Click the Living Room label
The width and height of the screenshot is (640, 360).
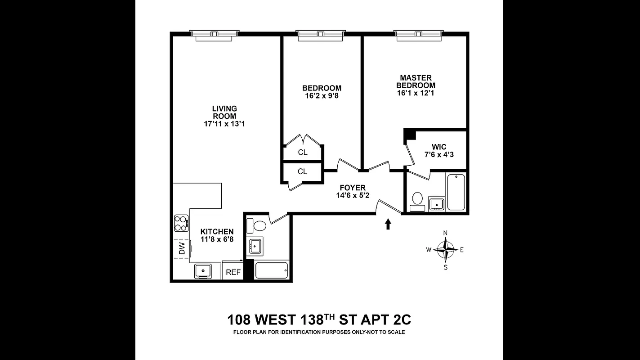click(224, 112)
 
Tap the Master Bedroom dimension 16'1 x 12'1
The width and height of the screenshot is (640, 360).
click(416, 94)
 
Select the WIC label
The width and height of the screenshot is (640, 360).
click(439, 147)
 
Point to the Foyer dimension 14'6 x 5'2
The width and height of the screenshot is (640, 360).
click(352, 196)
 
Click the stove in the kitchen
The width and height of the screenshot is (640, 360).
click(181, 223)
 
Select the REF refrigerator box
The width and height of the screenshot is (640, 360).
click(233, 272)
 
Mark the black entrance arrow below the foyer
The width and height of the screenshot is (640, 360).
click(388, 224)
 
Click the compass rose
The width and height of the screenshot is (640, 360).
click(445, 249)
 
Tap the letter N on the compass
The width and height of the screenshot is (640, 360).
click(445, 233)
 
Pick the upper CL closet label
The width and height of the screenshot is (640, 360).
click(303, 153)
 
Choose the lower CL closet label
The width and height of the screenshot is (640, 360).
click(302, 171)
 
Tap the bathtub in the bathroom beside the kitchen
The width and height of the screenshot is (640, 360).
click(271, 270)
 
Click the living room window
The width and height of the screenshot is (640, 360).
click(214, 35)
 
